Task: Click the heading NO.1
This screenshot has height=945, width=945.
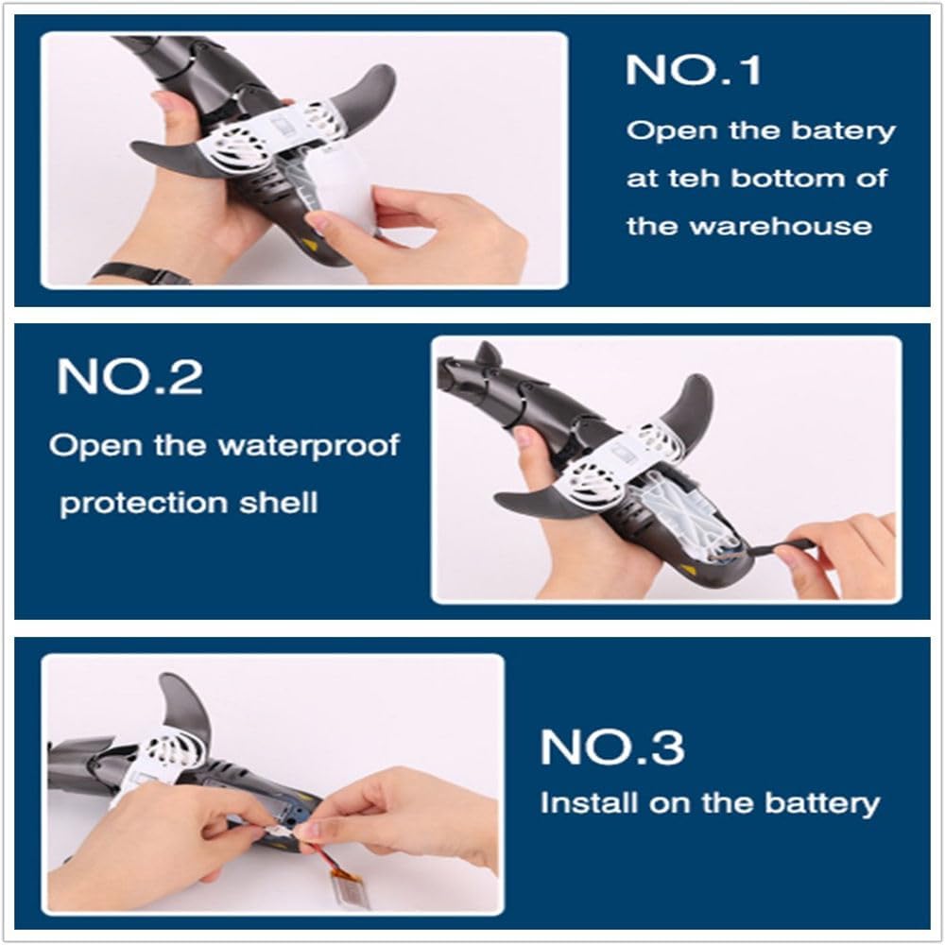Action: (693, 70)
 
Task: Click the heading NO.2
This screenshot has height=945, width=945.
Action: (129, 377)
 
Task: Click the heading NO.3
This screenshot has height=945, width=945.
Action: (612, 747)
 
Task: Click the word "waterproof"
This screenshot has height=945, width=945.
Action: (309, 446)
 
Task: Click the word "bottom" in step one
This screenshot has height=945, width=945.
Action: (788, 179)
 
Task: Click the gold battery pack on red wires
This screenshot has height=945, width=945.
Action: (357, 891)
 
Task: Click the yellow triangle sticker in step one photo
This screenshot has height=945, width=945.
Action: (310, 246)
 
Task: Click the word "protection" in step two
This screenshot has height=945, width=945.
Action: (143, 503)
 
